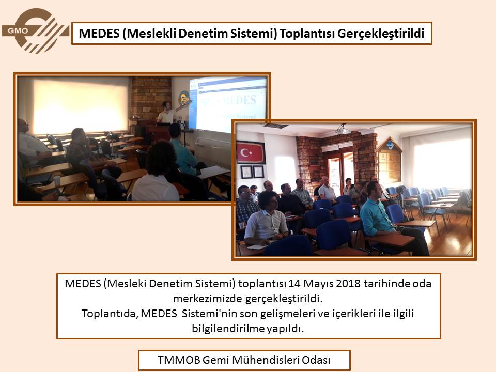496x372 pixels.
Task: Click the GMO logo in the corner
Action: coord(36,30)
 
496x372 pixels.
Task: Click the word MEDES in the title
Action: coord(99,33)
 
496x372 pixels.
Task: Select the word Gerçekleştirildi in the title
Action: coord(381,34)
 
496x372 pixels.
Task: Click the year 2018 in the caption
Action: coord(348,283)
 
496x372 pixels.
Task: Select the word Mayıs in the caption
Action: coord(318,284)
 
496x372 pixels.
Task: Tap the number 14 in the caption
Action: coord(294,283)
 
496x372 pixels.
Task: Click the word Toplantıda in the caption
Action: coord(110,314)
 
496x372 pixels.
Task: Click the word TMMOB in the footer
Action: coord(179,360)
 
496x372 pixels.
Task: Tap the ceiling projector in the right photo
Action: coord(342,129)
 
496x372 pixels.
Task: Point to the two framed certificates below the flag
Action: coord(253,172)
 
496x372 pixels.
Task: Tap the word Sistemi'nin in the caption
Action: coord(209,314)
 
